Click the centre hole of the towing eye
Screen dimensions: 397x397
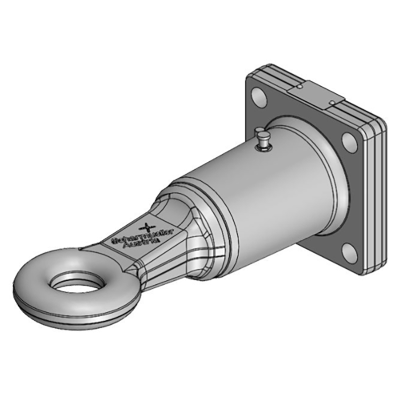(x=78, y=283)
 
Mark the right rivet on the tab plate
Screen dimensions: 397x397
(x=332, y=103)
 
